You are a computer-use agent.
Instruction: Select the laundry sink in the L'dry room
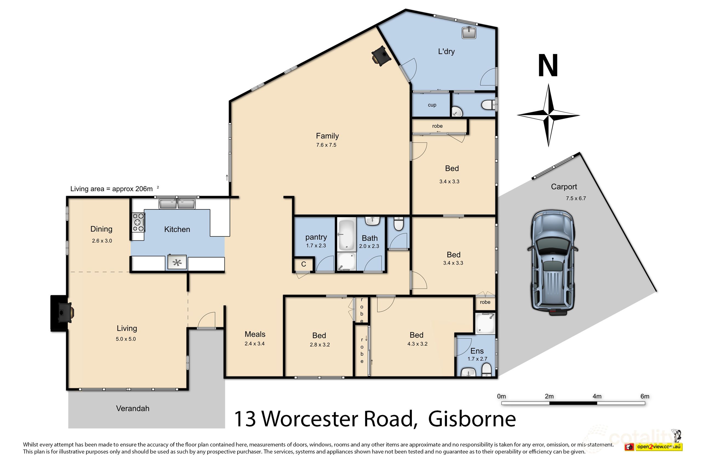coord(469,33)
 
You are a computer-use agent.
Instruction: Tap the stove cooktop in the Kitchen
coord(138,222)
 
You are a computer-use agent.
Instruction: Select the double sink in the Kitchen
coord(177,204)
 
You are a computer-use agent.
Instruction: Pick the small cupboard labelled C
coord(304,264)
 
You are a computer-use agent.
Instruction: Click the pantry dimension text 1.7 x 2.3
coord(316,246)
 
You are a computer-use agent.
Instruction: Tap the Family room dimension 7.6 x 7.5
coord(326,145)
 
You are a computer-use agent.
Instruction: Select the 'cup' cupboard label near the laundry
coord(432,105)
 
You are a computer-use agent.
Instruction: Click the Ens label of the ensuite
coord(477,351)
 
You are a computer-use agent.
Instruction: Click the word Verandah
coord(132,409)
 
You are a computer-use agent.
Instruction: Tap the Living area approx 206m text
coord(112,189)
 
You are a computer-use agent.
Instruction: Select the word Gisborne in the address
coord(472,419)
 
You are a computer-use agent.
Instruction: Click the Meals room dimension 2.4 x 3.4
coord(254,344)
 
